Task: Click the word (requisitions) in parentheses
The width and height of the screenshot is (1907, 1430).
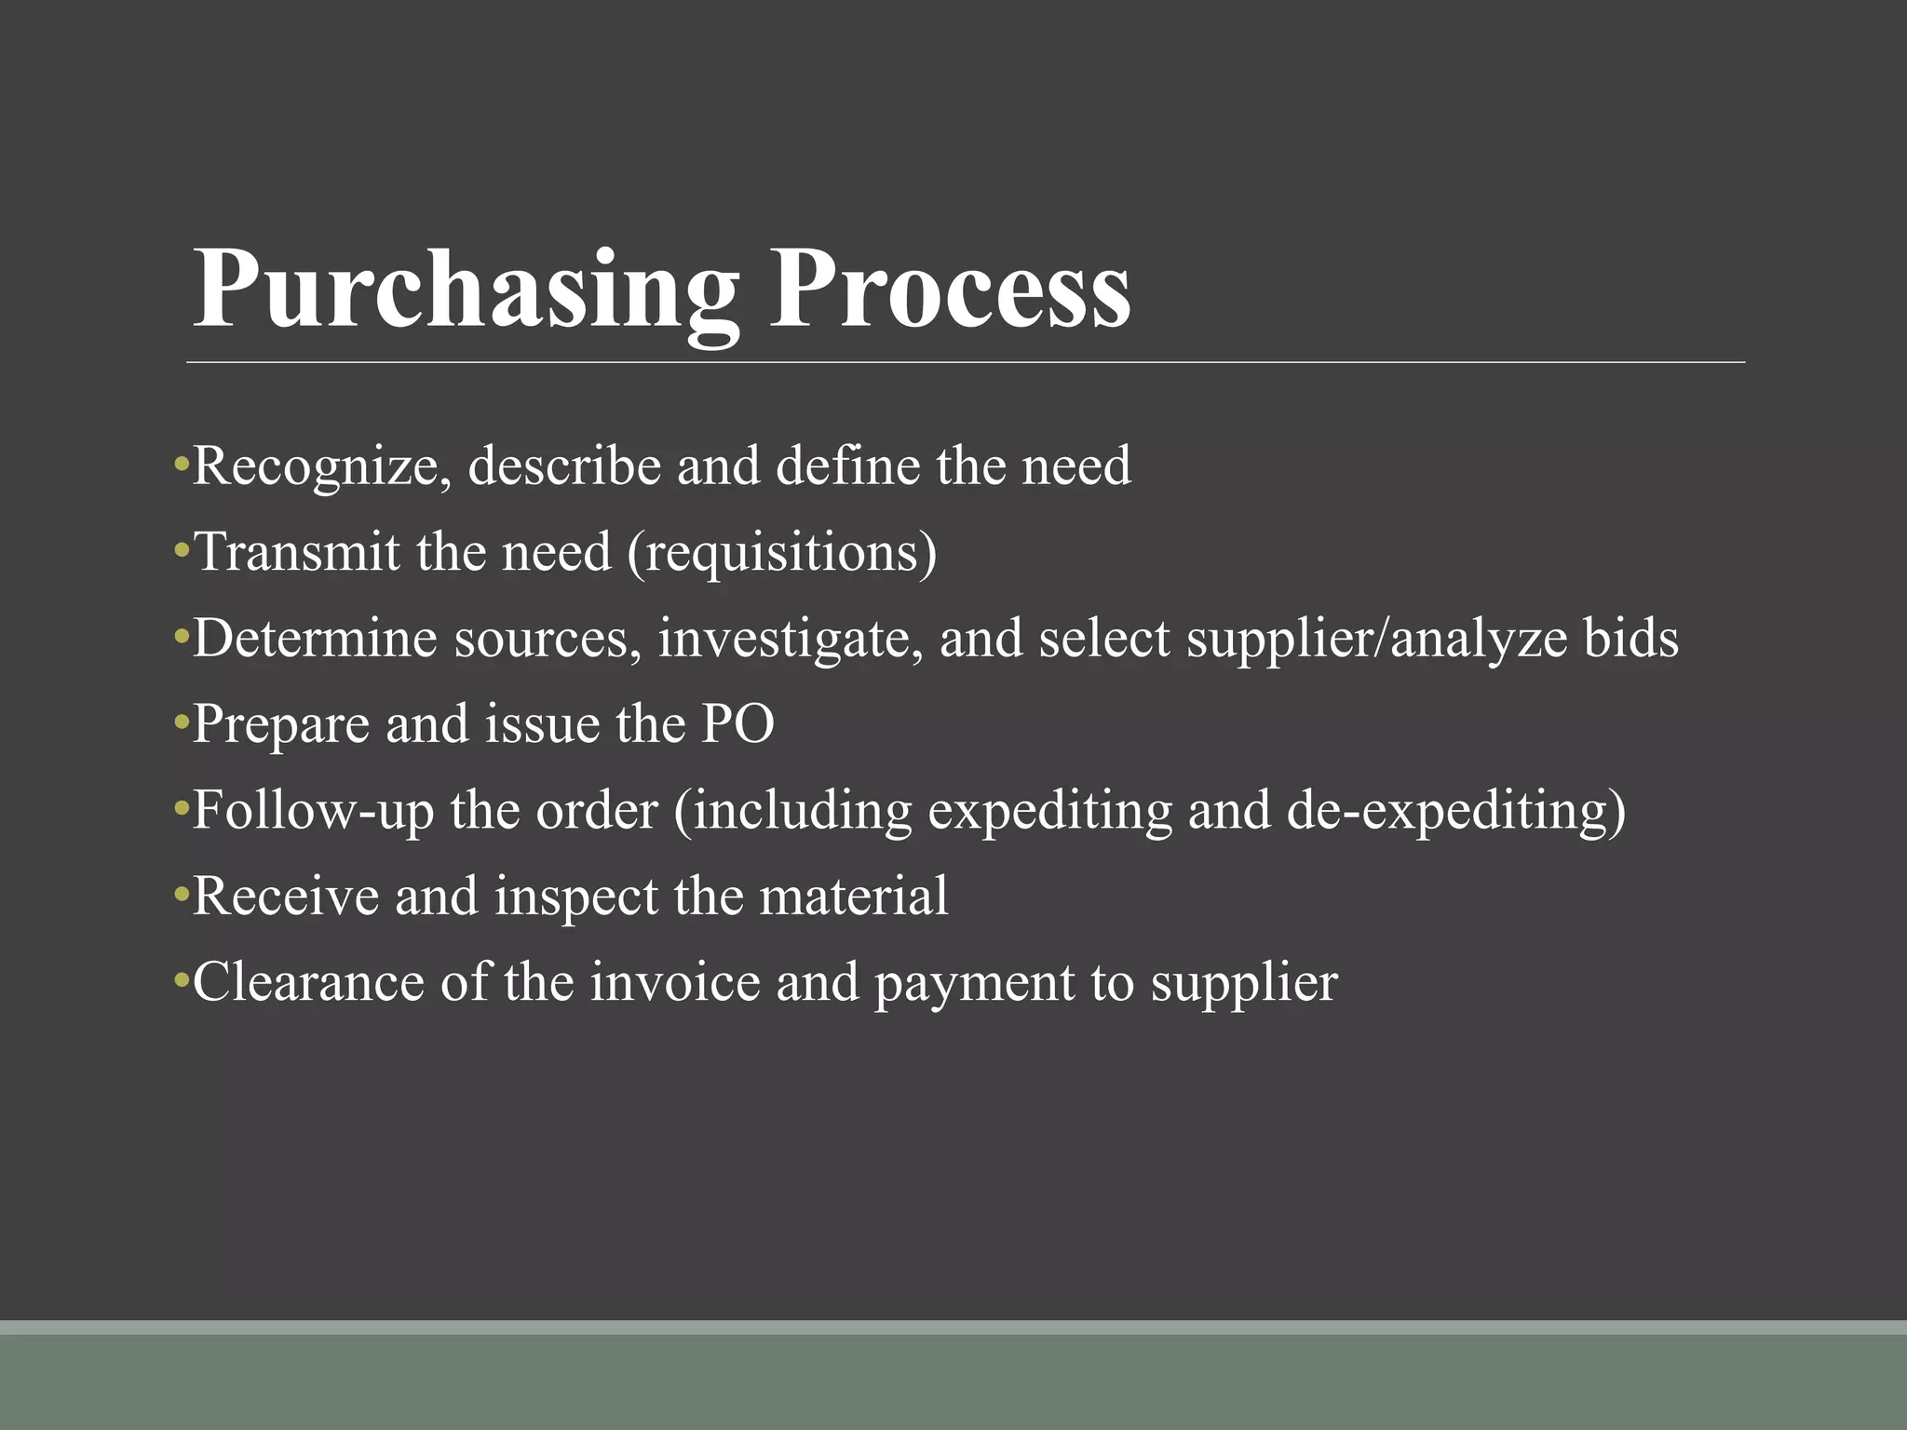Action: click(x=782, y=553)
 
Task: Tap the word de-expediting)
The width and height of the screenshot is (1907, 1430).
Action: click(x=1456, y=811)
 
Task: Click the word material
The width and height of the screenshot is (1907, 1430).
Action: click(x=854, y=896)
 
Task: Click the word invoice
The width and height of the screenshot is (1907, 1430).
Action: click(x=675, y=982)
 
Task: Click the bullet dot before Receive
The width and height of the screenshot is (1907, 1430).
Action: click(x=181, y=897)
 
